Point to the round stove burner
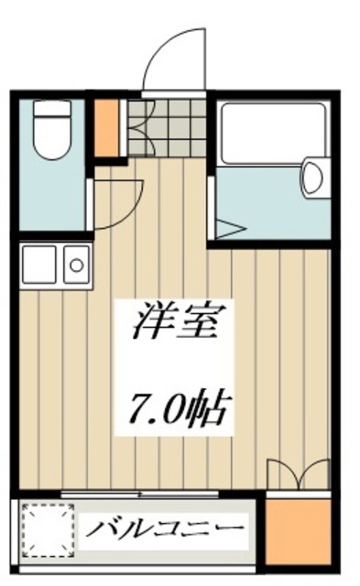[x=77, y=266]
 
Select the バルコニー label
[x=166, y=530]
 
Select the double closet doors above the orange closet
[x=298, y=474]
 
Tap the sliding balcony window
[x=137, y=496]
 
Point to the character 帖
[x=209, y=407]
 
